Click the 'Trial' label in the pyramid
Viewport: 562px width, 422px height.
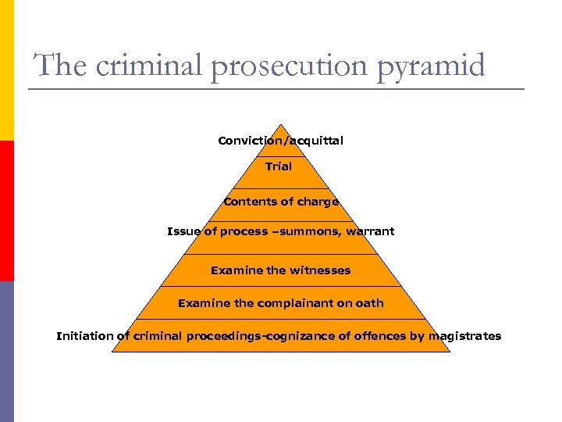(x=279, y=166)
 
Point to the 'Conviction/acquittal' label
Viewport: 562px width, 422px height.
(x=280, y=141)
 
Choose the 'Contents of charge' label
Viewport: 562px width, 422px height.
(x=281, y=202)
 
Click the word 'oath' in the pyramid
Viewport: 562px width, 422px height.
(x=371, y=303)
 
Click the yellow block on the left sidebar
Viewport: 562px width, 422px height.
(x=6, y=70)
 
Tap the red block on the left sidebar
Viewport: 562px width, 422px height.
(x=6, y=211)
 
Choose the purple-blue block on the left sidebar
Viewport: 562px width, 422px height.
(x=6, y=352)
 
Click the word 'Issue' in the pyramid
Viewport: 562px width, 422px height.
(x=183, y=231)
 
